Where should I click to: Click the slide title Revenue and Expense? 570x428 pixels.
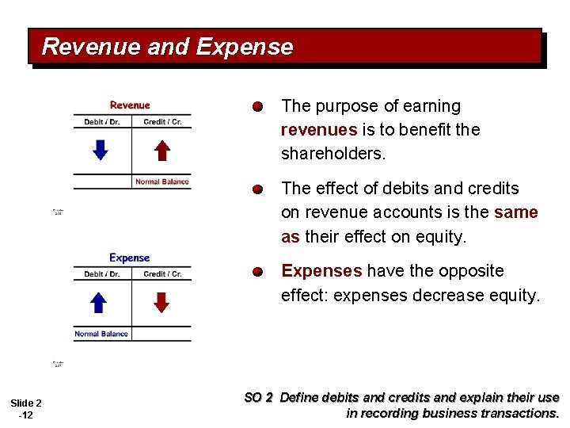pyautogui.click(x=167, y=47)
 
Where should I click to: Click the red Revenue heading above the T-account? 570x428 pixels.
pyautogui.click(x=130, y=105)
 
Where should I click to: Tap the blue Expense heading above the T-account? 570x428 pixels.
pyautogui.click(x=130, y=258)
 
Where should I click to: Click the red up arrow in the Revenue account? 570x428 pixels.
pyautogui.click(x=161, y=150)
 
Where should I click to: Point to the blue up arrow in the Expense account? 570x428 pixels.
pyautogui.click(x=98, y=302)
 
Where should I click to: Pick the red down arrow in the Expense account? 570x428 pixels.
pyautogui.click(x=161, y=302)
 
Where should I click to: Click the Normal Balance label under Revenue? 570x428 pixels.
pyautogui.click(x=162, y=182)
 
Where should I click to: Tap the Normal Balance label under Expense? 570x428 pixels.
pyautogui.click(x=101, y=334)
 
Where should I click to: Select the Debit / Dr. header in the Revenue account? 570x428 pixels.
pyautogui.click(x=102, y=122)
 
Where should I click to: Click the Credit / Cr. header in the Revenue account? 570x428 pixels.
pyautogui.click(x=162, y=122)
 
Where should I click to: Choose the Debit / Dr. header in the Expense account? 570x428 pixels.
pyautogui.click(x=102, y=274)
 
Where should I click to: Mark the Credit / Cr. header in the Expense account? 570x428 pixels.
pyautogui.click(x=162, y=274)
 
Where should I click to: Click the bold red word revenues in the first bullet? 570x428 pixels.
pyautogui.click(x=319, y=129)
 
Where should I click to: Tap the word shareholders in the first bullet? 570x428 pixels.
pyautogui.click(x=332, y=153)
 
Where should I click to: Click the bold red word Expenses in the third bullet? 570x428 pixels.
pyautogui.click(x=321, y=271)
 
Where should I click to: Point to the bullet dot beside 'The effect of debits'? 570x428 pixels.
pyautogui.click(x=257, y=189)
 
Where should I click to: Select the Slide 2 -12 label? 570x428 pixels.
pyautogui.click(x=26, y=409)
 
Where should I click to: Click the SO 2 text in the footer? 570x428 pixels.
pyautogui.click(x=259, y=398)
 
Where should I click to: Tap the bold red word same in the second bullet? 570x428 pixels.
pyautogui.click(x=516, y=212)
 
